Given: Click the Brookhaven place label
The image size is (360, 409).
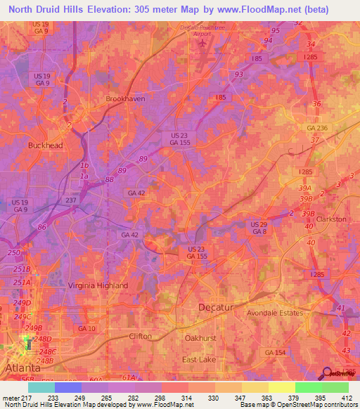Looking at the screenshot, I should pyautogui.click(x=125, y=99).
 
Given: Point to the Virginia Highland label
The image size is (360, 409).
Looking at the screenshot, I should pyautogui.click(x=98, y=285).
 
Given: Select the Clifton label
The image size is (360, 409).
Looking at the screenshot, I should pyautogui.click(x=140, y=337).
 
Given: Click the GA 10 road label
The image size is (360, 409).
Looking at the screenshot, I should pyautogui.click(x=86, y=329).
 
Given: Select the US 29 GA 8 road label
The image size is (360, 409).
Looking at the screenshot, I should pyautogui.click(x=259, y=228).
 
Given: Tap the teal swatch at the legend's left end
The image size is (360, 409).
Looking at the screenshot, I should pyautogui.click(x=41, y=387).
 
